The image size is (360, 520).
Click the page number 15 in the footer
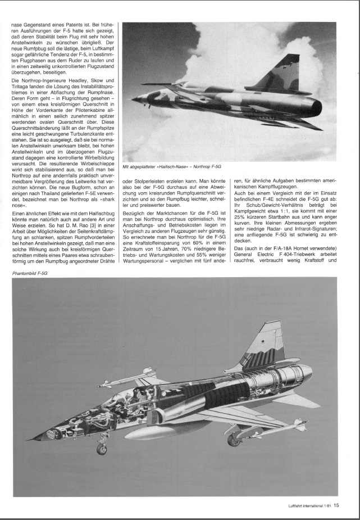[x=336, y=505]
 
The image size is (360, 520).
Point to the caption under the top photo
[x=170, y=168]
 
